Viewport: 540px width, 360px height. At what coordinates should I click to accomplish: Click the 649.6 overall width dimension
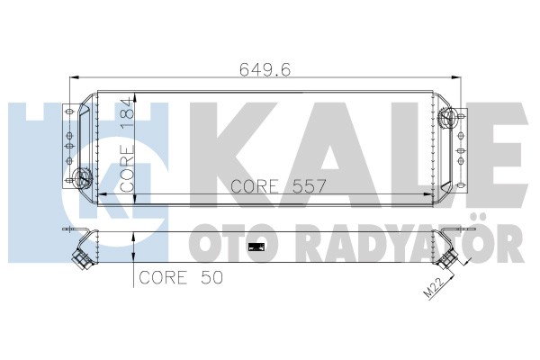(265, 69)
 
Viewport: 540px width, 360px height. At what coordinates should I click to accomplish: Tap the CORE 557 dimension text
(278, 186)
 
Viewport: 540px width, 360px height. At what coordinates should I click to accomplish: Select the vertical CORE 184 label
(127, 144)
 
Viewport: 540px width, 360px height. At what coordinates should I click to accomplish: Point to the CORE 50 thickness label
(181, 278)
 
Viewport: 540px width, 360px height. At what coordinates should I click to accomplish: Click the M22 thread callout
(434, 288)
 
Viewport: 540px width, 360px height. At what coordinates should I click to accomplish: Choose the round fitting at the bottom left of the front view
(82, 177)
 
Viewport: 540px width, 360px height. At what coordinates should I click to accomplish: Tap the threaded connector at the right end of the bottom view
(447, 258)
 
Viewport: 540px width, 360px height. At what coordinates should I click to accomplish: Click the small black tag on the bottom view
(256, 247)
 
